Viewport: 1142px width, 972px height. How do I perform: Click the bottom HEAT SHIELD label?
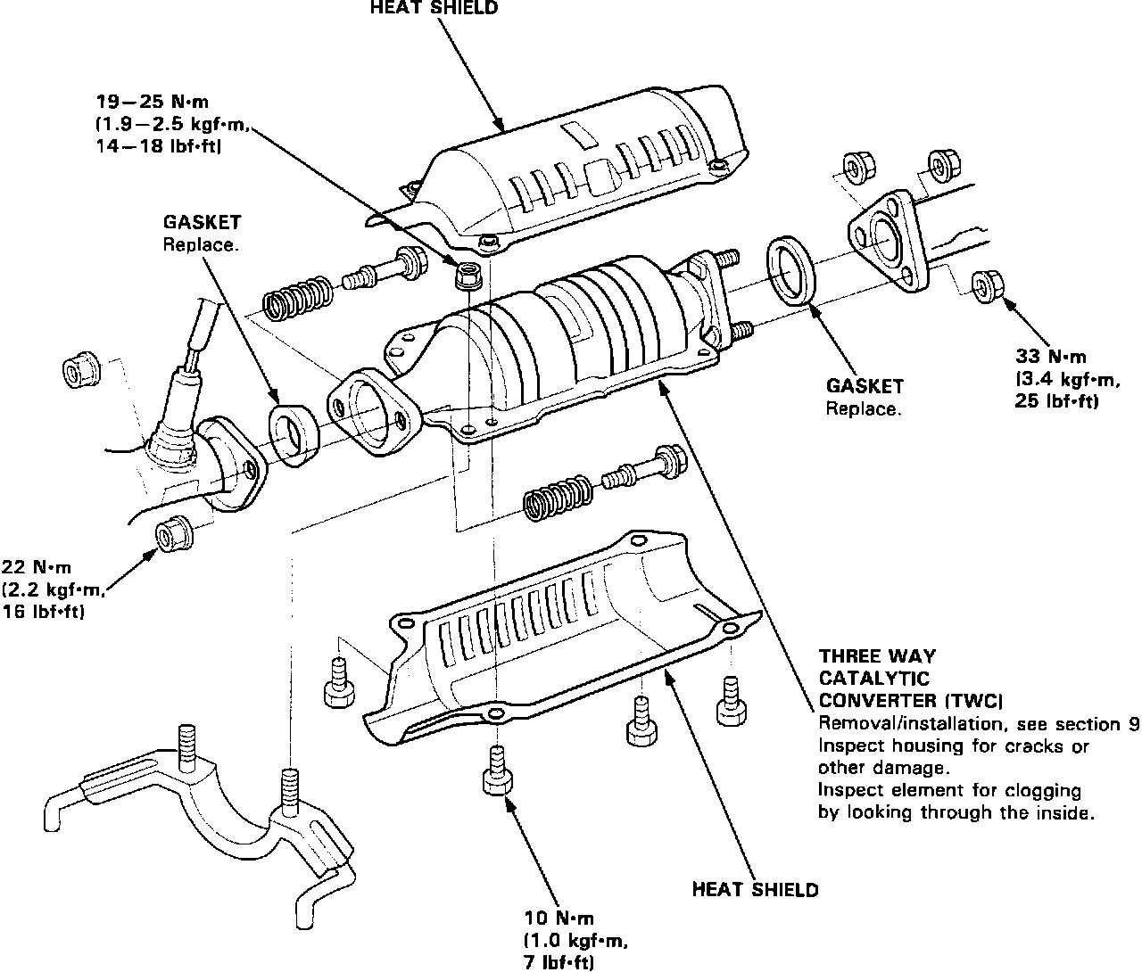pyautogui.click(x=755, y=889)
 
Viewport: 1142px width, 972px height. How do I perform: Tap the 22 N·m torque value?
pyautogui.click(x=37, y=567)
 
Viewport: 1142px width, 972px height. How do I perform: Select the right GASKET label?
pyautogui.click(x=864, y=386)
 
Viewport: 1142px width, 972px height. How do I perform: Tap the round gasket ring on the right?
pyautogui.click(x=790, y=269)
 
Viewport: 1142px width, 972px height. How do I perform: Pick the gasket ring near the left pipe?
pyautogui.click(x=294, y=435)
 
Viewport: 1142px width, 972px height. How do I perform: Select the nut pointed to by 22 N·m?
pyautogui.click(x=170, y=532)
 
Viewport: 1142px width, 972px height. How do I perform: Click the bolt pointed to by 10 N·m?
pyautogui.click(x=497, y=772)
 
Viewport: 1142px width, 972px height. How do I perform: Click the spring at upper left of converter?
pyautogui.click(x=299, y=295)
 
